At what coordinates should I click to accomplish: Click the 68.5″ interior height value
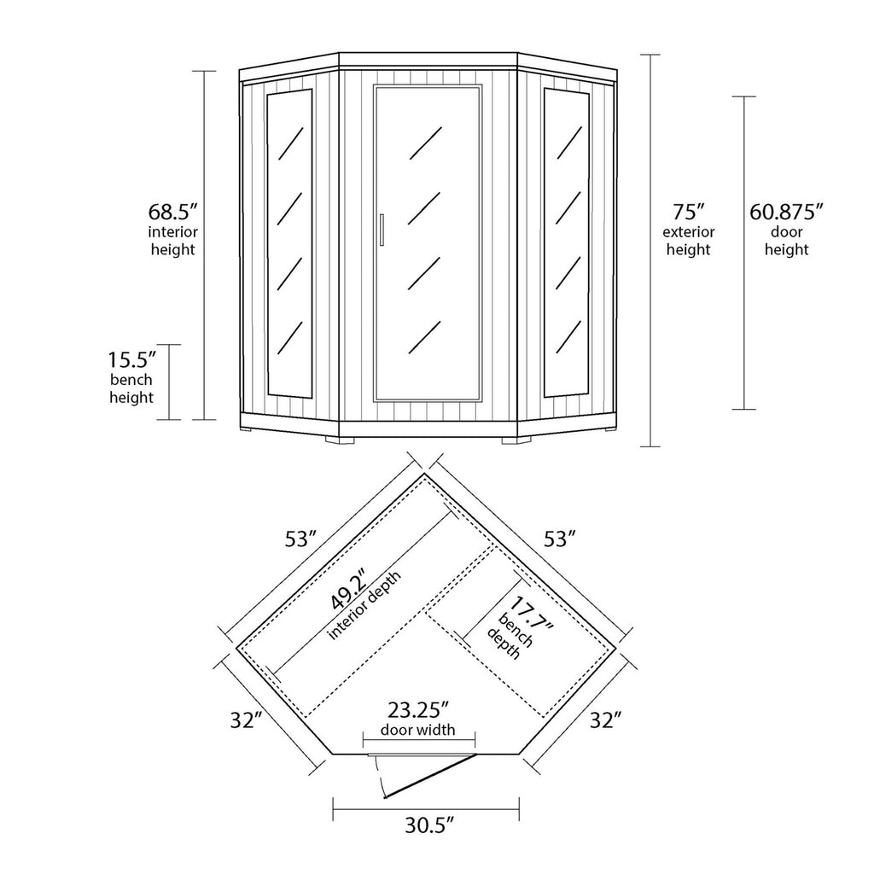coord(174,212)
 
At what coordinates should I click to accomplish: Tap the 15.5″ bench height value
coord(131,359)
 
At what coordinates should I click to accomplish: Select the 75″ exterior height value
coord(688,212)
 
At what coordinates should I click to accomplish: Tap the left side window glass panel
coord(288,242)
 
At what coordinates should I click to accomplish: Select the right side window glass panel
coord(565,242)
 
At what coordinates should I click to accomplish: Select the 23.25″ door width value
coord(417,709)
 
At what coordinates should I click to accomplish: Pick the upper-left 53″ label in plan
coord(301,539)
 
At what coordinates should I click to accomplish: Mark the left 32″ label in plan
coord(245,720)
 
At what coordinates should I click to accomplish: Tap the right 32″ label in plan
coord(604,720)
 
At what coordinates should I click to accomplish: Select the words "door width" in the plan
coord(417,730)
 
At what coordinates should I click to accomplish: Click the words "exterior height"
coord(688,241)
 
